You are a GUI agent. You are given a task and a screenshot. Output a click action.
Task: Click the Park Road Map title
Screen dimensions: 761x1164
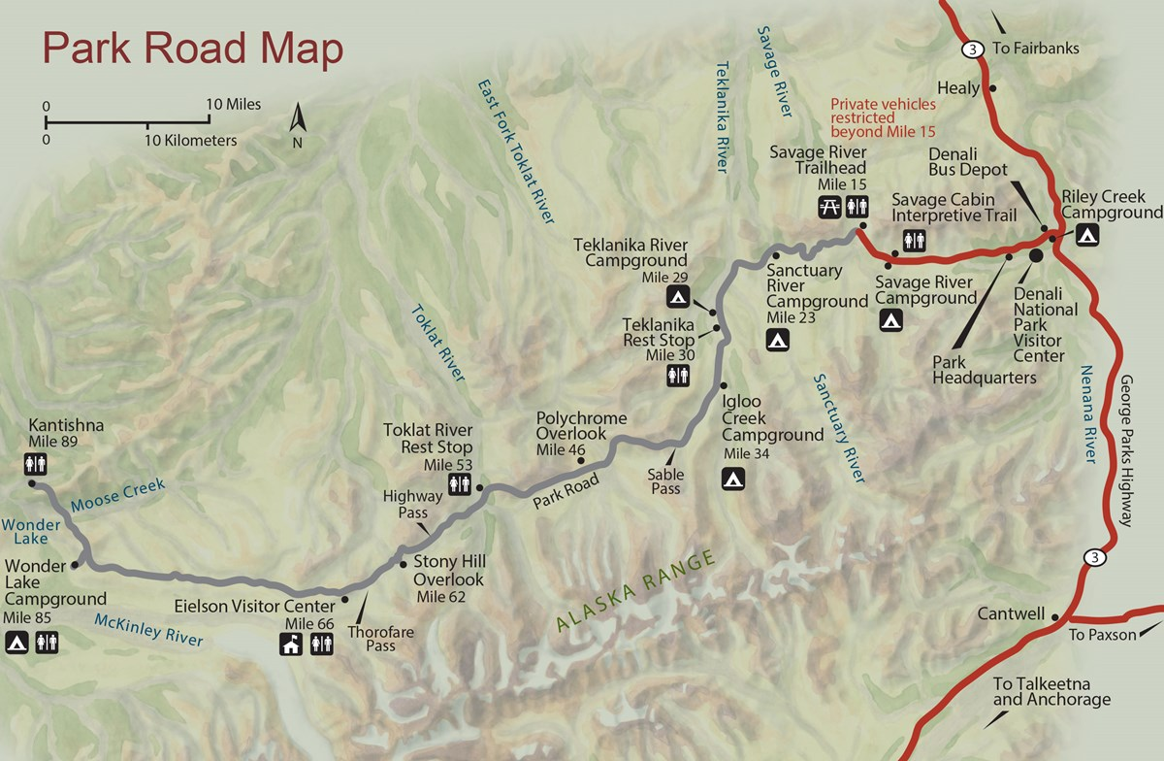coord(191,50)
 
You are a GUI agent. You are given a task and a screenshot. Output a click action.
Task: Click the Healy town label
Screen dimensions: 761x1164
coord(958,87)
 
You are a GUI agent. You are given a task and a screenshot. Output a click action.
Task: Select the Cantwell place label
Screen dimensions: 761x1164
coord(1011,613)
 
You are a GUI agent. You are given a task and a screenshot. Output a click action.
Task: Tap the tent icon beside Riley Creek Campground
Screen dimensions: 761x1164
coord(1086,234)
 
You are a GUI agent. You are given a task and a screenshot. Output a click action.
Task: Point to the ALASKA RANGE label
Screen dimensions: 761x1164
coord(636,592)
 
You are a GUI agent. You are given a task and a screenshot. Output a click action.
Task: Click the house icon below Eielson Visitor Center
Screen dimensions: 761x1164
coord(290,644)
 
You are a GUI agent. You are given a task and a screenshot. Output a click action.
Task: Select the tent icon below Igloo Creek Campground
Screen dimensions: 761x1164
coord(733,478)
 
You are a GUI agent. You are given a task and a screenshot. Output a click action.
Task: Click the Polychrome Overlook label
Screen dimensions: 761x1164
coord(582,426)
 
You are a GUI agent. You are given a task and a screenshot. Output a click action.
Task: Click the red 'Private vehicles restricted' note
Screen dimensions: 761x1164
coord(883,117)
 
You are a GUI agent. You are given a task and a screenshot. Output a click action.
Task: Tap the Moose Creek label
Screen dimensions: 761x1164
coord(117,494)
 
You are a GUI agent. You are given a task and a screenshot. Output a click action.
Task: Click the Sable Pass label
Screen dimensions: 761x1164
coord(665,481)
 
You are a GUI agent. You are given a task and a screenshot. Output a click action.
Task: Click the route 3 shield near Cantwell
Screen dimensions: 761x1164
coord(1094,557)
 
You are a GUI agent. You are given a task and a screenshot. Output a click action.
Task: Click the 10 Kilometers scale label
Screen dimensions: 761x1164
coord(190,141)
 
